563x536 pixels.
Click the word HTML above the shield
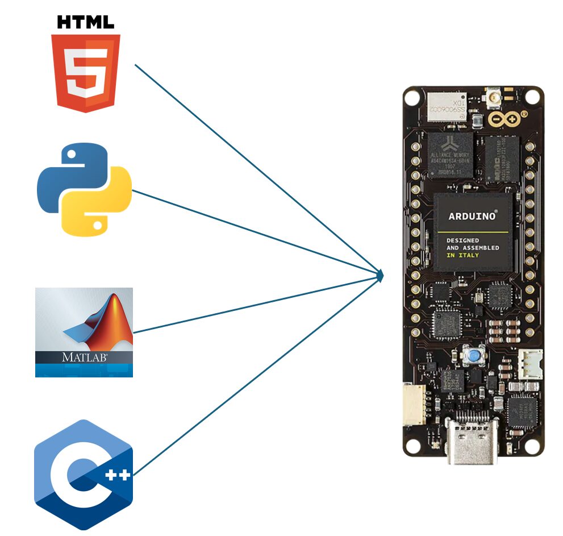coord(86,22)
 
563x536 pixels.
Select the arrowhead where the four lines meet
coord(380,276)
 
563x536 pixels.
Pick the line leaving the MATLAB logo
coord(256,304)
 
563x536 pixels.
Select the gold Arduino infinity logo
coord(501,119)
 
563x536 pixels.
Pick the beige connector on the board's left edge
coord(414,406)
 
